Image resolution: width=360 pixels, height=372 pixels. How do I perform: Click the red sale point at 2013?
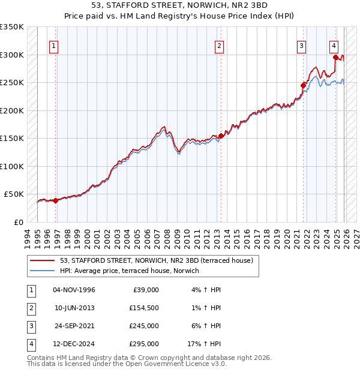(221, 136)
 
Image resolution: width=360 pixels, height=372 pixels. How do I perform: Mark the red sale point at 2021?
(303, 85)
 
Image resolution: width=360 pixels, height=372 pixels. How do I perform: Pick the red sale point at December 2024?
(335, 58)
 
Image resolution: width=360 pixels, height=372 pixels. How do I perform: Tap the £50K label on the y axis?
(14, 194)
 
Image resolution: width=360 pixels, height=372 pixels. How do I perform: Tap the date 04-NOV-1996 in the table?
(74, 290)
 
